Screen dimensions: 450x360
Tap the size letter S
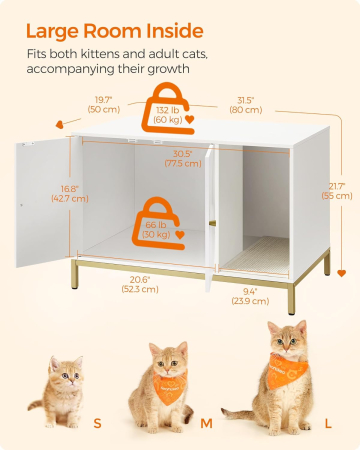97,423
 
